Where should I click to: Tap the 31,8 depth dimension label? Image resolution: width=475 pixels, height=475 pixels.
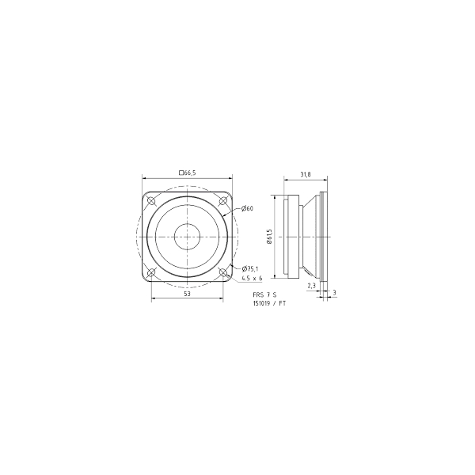[x=306, y=174]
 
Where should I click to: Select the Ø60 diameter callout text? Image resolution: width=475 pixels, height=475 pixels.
[x=247, y=208]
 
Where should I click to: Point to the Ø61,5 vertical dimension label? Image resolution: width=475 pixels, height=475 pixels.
[x=270, y=236]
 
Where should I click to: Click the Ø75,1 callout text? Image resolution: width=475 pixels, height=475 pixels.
[x=250, y=268]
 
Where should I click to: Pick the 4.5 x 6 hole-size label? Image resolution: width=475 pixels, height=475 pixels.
[x=252, y=279]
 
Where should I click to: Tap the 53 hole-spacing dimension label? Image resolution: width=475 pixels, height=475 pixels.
[x=187, y=293]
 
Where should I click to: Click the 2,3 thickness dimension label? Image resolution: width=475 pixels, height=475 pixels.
[x=311, y=285]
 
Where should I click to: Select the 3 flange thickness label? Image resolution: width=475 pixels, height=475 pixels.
[x=334, y=293]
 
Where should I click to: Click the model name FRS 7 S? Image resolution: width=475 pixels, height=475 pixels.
[x=264, y=294]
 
